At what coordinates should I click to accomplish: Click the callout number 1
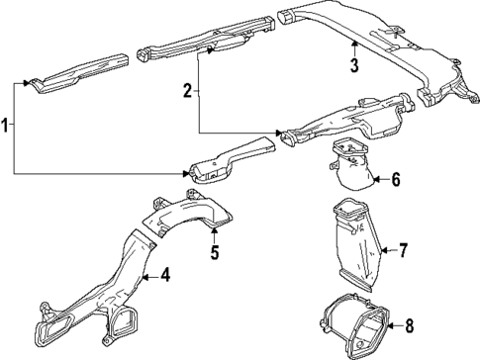(7, 128)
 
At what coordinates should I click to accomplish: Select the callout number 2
(187, 92)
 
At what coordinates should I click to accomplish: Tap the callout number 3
(353, 66)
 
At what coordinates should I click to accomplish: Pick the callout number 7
(403, 251)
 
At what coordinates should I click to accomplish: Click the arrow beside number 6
(380, 179)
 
